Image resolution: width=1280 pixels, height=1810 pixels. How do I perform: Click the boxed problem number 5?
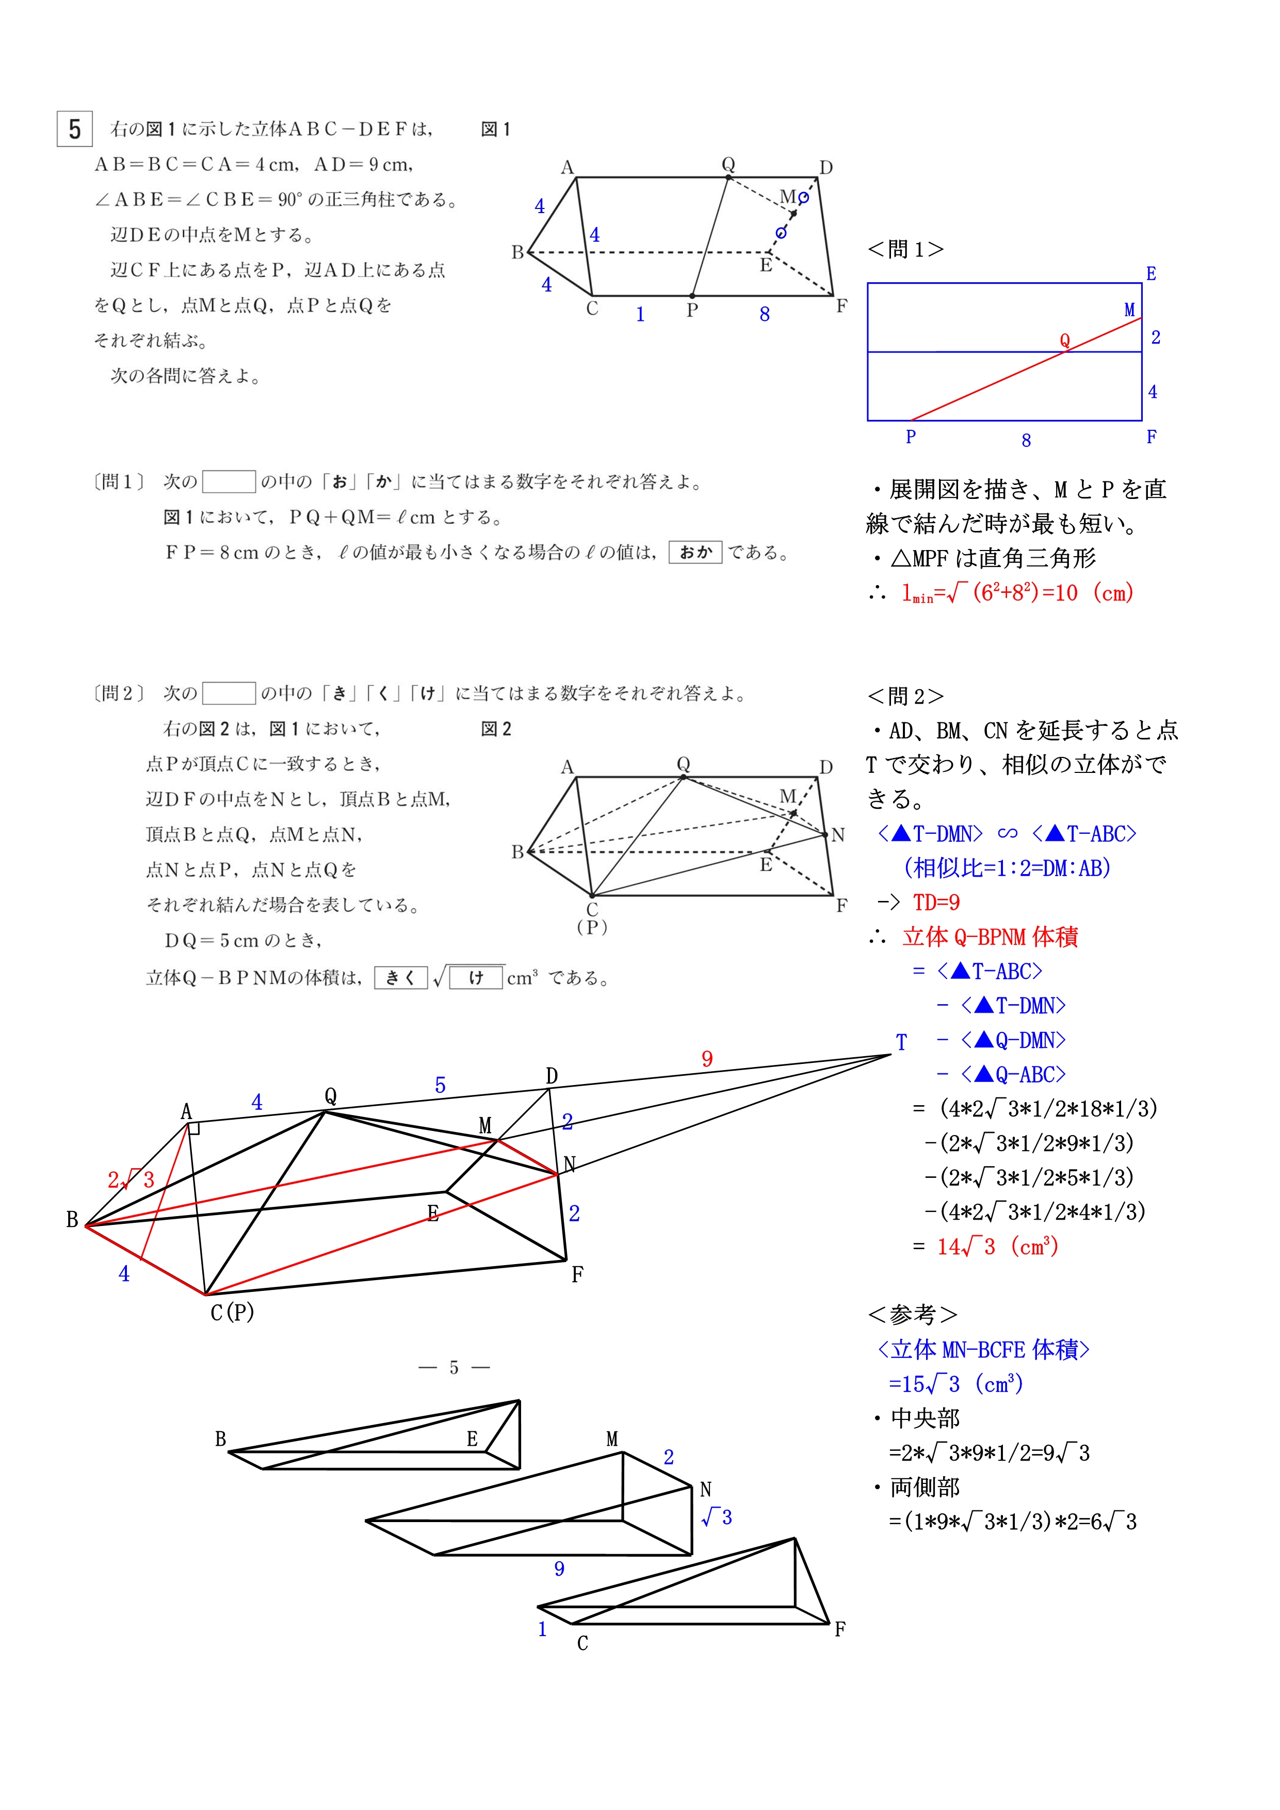click(75, 130)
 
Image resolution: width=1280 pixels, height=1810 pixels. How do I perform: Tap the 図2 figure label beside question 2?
click(496, 729)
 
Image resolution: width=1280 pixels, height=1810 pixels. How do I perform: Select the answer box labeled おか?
click(695, 553)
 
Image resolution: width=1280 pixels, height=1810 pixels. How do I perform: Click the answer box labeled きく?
click(400, 978)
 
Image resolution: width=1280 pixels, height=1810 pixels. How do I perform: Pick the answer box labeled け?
click(476, 978)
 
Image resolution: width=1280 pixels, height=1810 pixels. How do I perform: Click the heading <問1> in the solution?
click(905, 250)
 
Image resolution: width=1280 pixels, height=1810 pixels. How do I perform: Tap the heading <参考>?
click(912, 1314)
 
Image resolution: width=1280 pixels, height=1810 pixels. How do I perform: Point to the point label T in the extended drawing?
click(901, 1043)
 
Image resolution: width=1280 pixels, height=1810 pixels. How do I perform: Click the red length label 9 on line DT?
click(707, 1059)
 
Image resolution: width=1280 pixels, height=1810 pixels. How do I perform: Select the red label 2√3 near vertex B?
click(131, 1180)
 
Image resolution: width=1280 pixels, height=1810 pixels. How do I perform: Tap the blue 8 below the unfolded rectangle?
click(1026, 441)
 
